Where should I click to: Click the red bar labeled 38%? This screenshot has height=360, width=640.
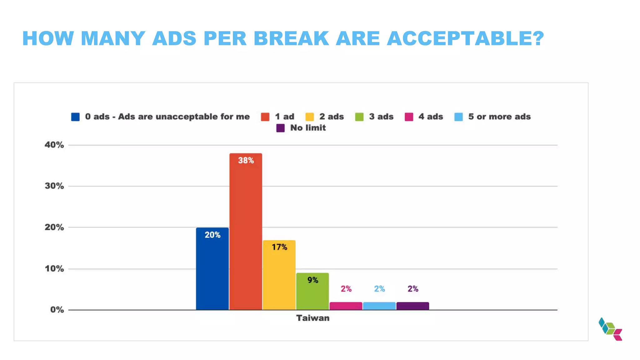click(246, 231)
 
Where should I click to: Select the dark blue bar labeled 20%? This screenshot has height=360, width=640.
click(212, 269)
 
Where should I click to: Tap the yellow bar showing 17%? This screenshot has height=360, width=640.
click(279, 275)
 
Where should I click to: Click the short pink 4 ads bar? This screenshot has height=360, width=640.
click(346, 306)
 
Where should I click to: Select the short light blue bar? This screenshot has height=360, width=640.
click(379, 306)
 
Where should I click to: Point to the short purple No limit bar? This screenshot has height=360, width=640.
click(412, 306)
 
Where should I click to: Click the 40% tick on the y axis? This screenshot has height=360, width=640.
click(54, 145)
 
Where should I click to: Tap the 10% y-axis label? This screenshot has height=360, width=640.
click(54, 268)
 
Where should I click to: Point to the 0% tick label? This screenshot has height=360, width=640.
click(57, 310)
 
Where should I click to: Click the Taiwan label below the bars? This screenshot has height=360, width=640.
click(312, 318)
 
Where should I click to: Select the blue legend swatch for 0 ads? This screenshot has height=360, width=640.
click(75, 117)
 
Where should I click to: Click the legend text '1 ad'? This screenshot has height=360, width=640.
click(284, 117)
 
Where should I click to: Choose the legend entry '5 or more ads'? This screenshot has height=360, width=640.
click(499, 117)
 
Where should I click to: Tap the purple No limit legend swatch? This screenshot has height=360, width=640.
click(280, 128)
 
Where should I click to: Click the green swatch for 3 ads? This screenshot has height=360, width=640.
click(359, 117)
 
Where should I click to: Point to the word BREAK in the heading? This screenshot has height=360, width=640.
click(291, 38)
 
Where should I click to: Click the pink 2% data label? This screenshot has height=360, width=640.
click(346, 289)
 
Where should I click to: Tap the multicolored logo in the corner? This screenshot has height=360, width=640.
click(610, 329)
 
